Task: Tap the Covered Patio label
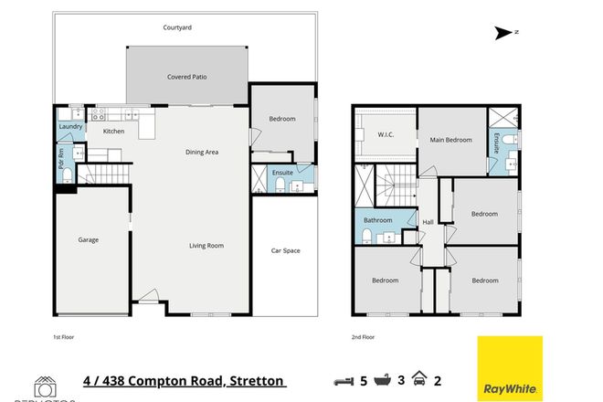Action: point(186,77)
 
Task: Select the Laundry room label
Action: point(70,126)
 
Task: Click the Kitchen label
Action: point(113,132)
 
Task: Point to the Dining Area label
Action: point(201,152)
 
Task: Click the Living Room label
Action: point(206,245)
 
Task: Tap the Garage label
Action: point(88,239)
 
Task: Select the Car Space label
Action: point(285,250)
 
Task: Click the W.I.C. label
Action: point(385,135)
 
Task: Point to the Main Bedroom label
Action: point(451,140)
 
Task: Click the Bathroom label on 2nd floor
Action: point(377,220)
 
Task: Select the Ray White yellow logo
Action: point(510,367)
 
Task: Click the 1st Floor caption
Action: point(62,337)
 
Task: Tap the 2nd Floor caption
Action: point(363,337)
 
